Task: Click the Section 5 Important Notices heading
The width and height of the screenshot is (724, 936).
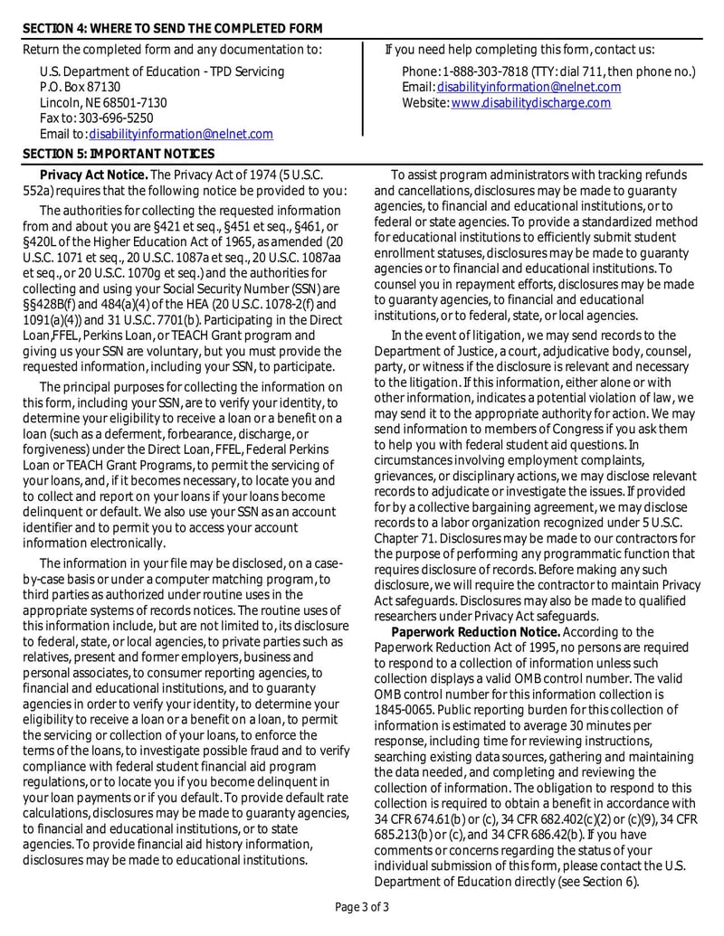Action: (119, 154)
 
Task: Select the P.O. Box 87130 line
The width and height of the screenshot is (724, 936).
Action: (80, 87)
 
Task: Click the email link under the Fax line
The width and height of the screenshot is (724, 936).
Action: (180, 134)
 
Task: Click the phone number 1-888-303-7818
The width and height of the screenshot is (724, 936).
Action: (486, 71)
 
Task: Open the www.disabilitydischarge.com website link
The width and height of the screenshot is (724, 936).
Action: (530, 103)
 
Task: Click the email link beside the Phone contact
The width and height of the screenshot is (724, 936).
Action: (529, 87)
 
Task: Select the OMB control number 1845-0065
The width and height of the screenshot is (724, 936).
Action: (405, 710)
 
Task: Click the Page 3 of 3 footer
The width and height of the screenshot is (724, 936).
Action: (362, 907)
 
